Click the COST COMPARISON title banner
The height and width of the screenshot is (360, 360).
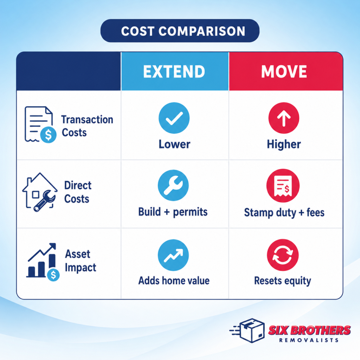tap(180, 31)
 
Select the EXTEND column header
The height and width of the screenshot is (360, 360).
tap(174, 72)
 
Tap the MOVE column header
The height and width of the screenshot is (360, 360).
tap(284, 72)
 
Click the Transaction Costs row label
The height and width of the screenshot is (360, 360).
tap(87, 126)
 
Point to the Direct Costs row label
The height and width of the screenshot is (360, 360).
tap(77, 192)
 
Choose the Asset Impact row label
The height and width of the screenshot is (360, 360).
tap(80, 261)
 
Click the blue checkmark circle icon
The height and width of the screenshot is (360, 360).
tap(174, 118)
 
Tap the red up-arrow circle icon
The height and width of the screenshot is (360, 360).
tap(284, 118)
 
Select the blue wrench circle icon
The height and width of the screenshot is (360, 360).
tap(173, 185)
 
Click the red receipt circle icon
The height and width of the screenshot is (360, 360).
tap(283, 185)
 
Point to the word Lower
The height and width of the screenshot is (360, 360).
tap(174, 144)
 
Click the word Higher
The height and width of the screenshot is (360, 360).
tap(284, 144)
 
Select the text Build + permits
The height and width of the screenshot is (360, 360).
tap(173, 212)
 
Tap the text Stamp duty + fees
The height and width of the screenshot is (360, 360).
tap(284, 212)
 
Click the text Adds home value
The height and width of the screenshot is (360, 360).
tap(174, 281)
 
